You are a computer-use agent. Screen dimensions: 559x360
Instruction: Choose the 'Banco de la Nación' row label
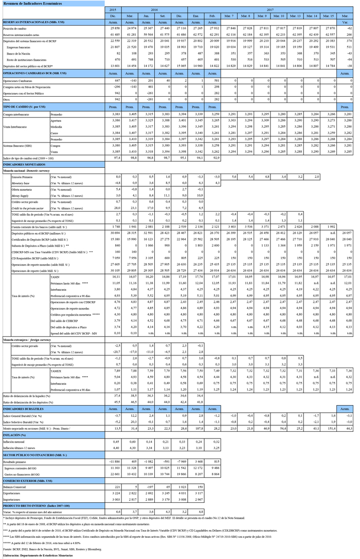click(19, 53)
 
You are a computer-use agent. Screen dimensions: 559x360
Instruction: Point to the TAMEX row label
click(57, 370)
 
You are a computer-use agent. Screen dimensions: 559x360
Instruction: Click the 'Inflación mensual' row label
click(14, 442)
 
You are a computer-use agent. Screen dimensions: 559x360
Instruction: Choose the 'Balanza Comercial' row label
click(14, 486)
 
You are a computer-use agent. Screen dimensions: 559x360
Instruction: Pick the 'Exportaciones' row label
click(12, 493)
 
